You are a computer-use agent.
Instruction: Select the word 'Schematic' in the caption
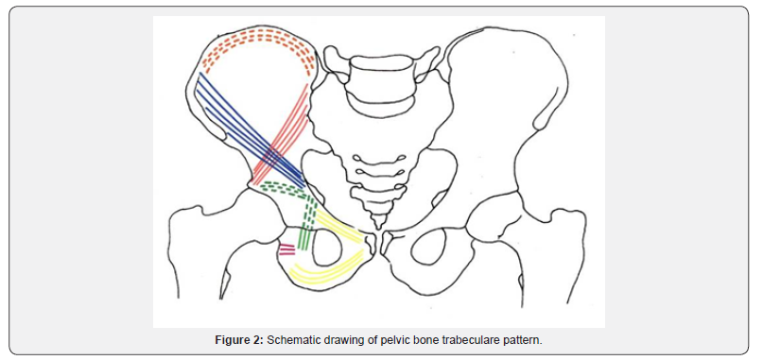click(x=295, y=340)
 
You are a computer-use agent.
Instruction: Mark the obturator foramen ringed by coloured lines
click(x=323, y=249)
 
